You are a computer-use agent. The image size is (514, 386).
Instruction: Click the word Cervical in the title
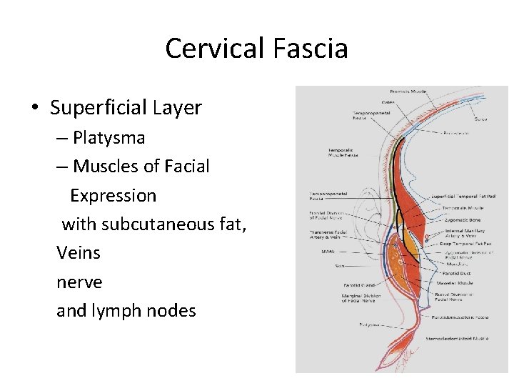pyautogui.click(x=215, y=49)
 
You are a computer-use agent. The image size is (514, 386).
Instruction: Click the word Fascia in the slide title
pyautogui.click(x=310, y=49)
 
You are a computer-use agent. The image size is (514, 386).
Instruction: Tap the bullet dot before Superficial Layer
pyautogui.click(x=34, y=108)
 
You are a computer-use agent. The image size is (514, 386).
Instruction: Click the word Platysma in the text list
pyautogui.click(x=109, y=137)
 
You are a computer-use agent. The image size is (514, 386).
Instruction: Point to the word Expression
pyautogui.click(x=113, y=195)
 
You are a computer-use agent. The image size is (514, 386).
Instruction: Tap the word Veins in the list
pyautogui.click(x=79, y=253)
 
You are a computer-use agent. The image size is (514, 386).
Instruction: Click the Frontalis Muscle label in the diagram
pyautogui.click(x=408, y=91)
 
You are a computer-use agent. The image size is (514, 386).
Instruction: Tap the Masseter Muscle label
pyautogui.click(x=456, y=282)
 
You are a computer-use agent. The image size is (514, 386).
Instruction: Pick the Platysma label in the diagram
pyautogui.click(x=369, y=324)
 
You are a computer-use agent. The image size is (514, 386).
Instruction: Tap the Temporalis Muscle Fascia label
pyautogui.click(x=343, y=152)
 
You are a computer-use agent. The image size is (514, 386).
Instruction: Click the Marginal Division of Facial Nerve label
pyautogui.click(x=358, y=299)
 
